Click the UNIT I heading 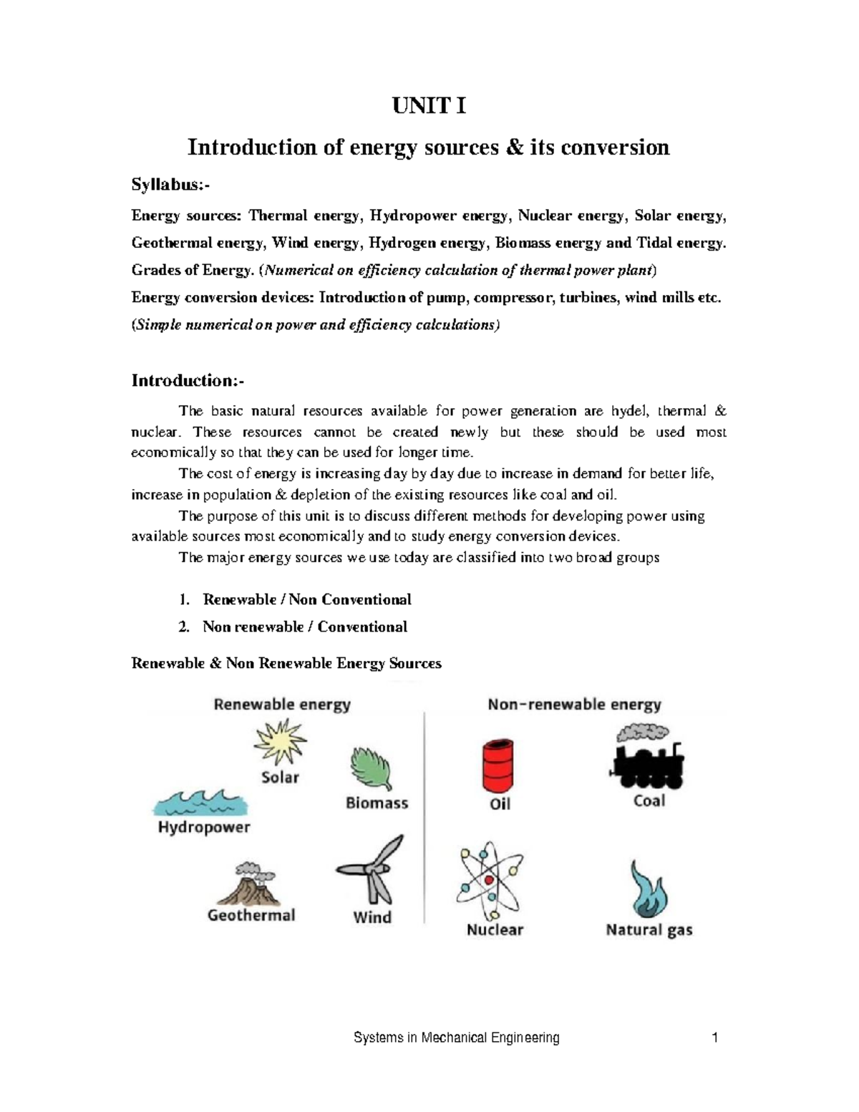point(428,107)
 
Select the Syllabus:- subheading point(171,185)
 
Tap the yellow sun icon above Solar point(280,742)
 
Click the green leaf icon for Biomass point(372,770)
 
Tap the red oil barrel point(498,765)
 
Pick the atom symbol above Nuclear point(490,880)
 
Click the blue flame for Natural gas point(649,889)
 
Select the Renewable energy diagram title point(282,705)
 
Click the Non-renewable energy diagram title point(574,705)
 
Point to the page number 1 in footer point(714,1038)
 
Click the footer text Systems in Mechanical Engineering point(457,1038)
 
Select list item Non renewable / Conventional point(304,627)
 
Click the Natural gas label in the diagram point(649,930)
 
